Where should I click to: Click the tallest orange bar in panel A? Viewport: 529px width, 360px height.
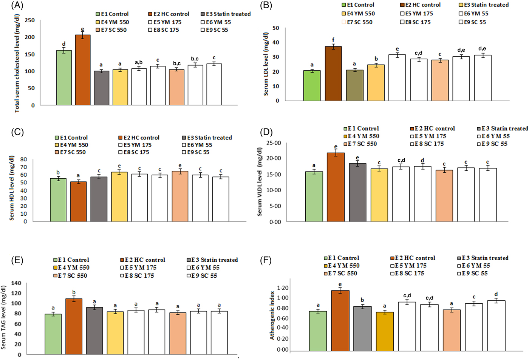point(82,70)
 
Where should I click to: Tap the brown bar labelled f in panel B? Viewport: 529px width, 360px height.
point(333,73)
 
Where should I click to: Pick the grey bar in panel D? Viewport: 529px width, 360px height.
point(357,192)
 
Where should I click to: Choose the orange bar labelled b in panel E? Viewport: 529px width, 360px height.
point(74,326)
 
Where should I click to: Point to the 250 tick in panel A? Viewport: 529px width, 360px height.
point(29,20)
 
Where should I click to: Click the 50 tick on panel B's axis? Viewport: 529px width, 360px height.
point(276,28)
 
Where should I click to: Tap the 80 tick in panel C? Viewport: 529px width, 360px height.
point(24,159)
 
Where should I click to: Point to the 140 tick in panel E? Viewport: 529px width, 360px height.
point(16,283)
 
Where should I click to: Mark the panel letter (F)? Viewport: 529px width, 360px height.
point(266,260)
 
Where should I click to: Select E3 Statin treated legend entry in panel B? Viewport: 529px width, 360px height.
point(484,5)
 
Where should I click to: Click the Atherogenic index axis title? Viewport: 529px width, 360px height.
point(272,315)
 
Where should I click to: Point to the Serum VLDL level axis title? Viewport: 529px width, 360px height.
point(260,182)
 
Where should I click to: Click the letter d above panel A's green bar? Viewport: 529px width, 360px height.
point(63,44)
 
